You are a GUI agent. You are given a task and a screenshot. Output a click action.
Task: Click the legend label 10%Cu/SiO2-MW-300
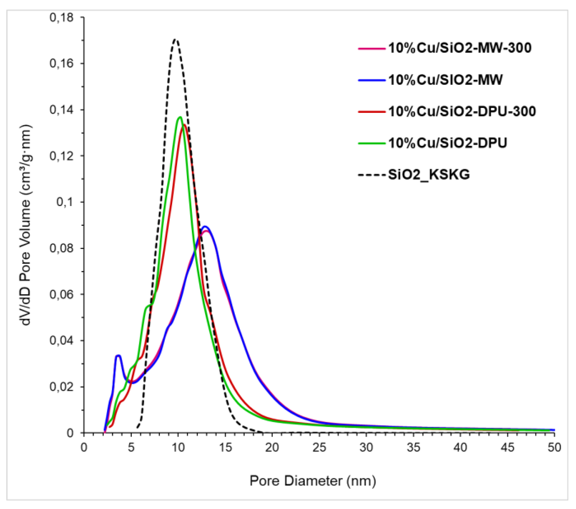point(459,48)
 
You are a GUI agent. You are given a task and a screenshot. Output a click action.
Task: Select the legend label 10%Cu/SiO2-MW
point(445,80)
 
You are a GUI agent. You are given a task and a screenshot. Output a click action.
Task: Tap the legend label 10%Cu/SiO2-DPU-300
point(462,111)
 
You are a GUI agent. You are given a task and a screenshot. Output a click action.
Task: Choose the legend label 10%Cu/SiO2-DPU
point(447,143)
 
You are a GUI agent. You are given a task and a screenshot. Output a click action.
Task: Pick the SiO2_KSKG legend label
point(429,175)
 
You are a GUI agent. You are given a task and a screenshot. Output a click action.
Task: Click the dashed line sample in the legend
point(372,175)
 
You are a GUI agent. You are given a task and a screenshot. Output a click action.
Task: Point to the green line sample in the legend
point(372,143)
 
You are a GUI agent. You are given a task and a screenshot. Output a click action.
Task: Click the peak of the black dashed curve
point(175,39)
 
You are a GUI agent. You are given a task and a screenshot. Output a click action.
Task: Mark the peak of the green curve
point(180,117)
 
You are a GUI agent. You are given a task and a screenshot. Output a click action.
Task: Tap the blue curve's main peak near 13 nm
point(205,226)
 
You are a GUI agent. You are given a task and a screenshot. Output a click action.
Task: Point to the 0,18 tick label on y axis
point(61,18)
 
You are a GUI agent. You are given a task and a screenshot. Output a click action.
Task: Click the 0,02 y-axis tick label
point(61,387)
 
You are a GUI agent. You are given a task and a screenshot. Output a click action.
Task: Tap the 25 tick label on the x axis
point(319,448)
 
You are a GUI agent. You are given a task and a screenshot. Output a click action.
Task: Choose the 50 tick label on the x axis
point(554,448)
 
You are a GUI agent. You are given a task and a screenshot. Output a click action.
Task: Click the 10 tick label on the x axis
point(178,448)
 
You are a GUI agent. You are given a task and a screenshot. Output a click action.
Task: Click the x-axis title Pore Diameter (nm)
point(313,481)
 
